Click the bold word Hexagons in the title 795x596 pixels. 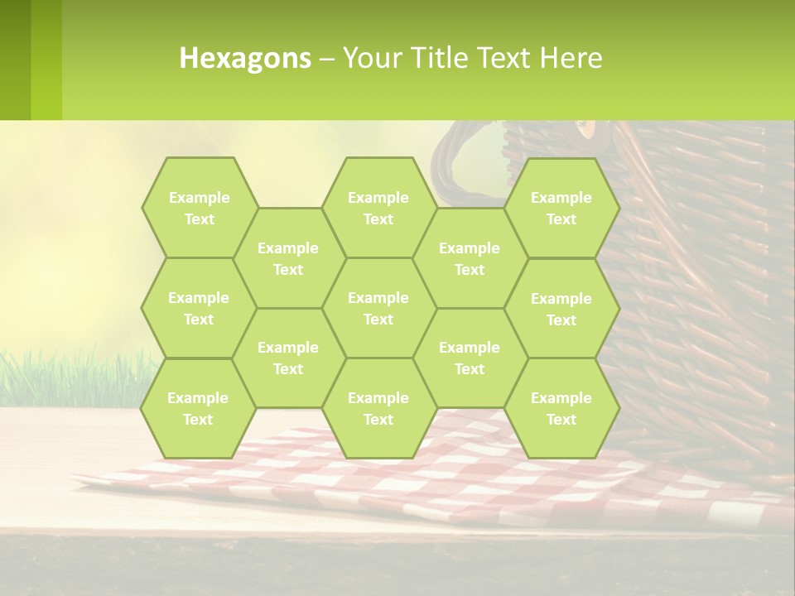tap(245, 58)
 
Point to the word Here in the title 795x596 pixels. tap(571, 58)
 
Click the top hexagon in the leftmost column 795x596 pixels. tap(199, 208)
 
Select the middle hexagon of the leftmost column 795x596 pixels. tap(199, 308)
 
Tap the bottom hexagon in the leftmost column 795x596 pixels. tap(198, 408)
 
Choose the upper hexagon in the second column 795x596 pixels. tap(288, 258)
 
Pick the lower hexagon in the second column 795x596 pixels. tap(288, 358)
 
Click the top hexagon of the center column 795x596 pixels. tap(378, 208)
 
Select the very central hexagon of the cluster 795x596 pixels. tap(378, 308)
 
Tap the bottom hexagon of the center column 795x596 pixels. tap(378, 408)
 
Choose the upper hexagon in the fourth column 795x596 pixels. tap(470, 258)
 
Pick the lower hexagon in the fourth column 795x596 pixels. tap(470, 358)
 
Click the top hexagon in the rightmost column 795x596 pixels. tap(561, 208)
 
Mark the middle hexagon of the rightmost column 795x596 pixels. tap(561, 309)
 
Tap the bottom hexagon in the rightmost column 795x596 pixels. tap(561, 408)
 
